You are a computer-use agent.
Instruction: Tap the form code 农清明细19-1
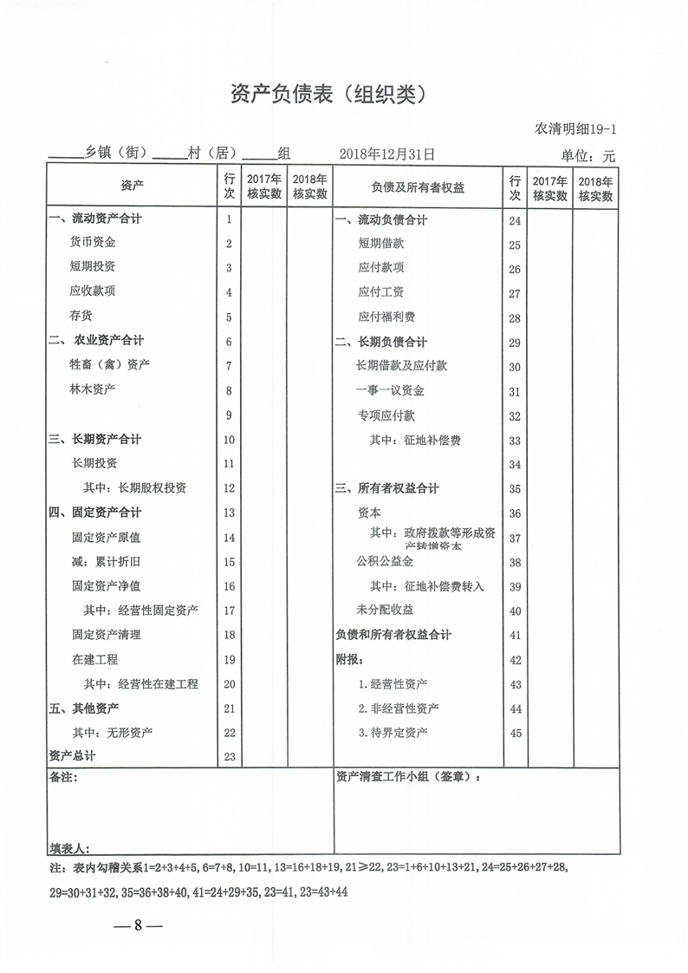[575, 130]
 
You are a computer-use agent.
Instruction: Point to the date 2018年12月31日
[386, 154]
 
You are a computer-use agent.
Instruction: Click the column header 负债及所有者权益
[418, 187]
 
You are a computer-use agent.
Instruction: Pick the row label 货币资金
[93, 242]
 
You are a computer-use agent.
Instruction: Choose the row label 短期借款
[380, 245]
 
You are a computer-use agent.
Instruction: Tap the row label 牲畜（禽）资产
[103, 364]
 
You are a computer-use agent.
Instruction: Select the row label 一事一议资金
[390, 390]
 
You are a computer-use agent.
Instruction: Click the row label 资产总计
[73, 756]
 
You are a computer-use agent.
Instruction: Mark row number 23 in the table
[230, 757]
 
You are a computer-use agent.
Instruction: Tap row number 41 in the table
[515, 636]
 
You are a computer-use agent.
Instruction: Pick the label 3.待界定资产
[393, 733]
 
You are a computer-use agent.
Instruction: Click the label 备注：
[63, 778]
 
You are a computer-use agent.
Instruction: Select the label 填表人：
[69, 847]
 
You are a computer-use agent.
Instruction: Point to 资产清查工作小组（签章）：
[408, 778]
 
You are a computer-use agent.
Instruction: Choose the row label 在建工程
[94, 659]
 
